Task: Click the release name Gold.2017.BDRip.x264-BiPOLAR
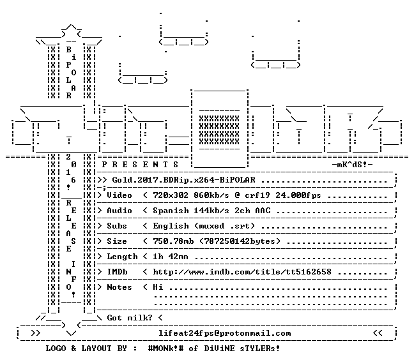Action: pyautogui.click(x=184, y=180)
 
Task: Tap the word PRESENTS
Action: pyautogui.click(x=140, y=165)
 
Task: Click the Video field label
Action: pyautogui.click(x=119, y=195)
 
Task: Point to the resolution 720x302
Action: pyautogui.click(x=171, y=195)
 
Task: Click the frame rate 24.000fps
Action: pyautogui.click(x=298, y=195)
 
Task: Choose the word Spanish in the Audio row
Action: pyautogui.click(x=171, y=211)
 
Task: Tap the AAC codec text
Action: pyautogui.click(x=263, y=211)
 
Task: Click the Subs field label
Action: pyautogui.click(x=117, y=226)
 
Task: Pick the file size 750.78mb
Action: pyautogui.click(x=173, y=241)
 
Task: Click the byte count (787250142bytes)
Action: pyautogui.click(x=240, y=241)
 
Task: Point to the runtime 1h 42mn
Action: pyautogui.click(x=171, y=257)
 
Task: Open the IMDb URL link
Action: pyautogui.click(x=242, y=272)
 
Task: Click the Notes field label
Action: pyautogui.click(x=119, y=287)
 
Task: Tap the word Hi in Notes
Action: pyautogui.click(x=158, y=287)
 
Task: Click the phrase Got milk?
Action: pyautogui.click(x=130, y=318)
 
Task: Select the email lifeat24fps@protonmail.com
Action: pyautogui.click(x=225, y=333)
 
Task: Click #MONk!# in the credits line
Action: pyautogui.click(x=166, y=349)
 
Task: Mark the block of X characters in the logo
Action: pyautogui.click(x=219, y=130)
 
